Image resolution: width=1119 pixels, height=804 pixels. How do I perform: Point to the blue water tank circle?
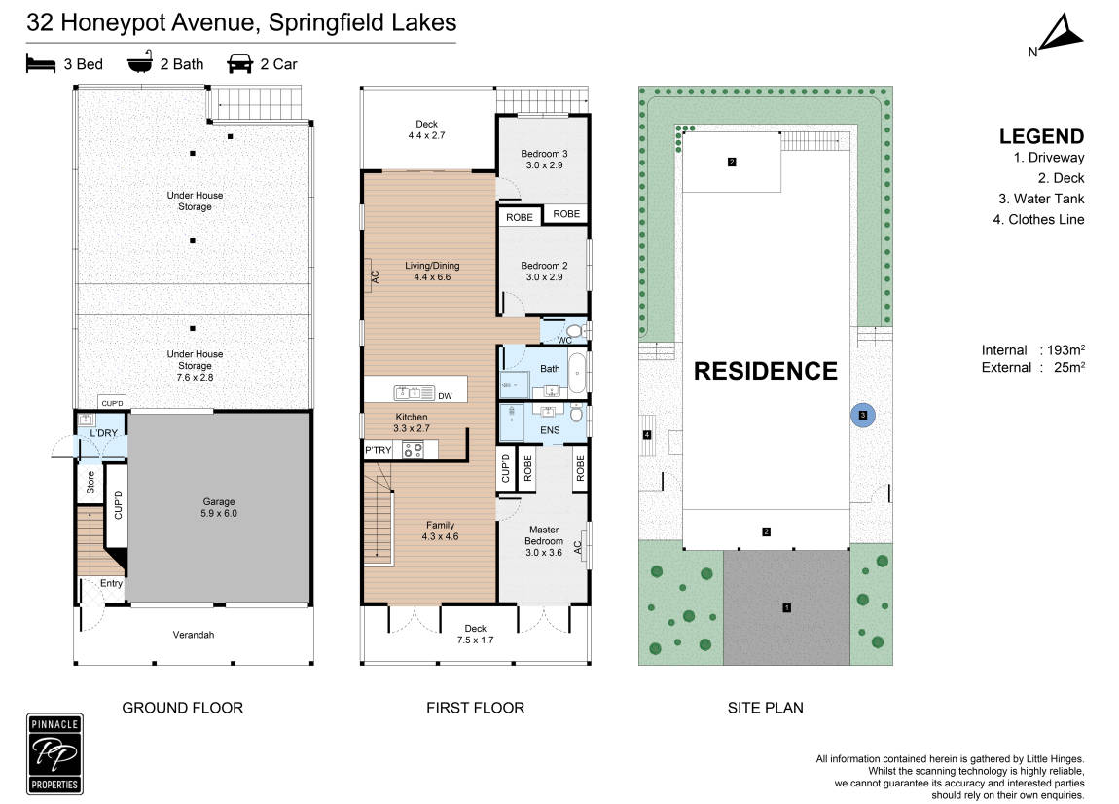point(863,415)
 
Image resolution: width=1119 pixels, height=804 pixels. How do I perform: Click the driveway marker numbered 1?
point(786,607)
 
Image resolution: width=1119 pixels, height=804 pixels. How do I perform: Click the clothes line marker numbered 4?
point(647,435)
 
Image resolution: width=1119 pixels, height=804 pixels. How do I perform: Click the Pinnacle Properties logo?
point(54,754)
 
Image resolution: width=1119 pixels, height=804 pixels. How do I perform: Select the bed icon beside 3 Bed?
point(41,63)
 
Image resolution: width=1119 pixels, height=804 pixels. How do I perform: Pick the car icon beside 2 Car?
point(239,64)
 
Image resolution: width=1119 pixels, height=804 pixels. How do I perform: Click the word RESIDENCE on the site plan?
point(766,371)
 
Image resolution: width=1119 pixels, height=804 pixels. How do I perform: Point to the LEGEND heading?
point(1041,136)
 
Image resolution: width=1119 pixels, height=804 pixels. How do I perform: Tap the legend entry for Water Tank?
point(1041,199)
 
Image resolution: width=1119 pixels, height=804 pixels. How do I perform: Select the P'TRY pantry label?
point(379,450)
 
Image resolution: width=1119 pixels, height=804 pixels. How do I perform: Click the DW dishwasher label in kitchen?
point(445,396)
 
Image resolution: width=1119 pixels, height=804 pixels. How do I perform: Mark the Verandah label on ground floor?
point(194,634)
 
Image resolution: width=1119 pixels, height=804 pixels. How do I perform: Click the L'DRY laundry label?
point(103,433)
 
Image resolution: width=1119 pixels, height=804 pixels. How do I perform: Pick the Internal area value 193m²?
point(1066,349)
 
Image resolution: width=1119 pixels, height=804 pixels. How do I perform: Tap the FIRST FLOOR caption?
point(475,708)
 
